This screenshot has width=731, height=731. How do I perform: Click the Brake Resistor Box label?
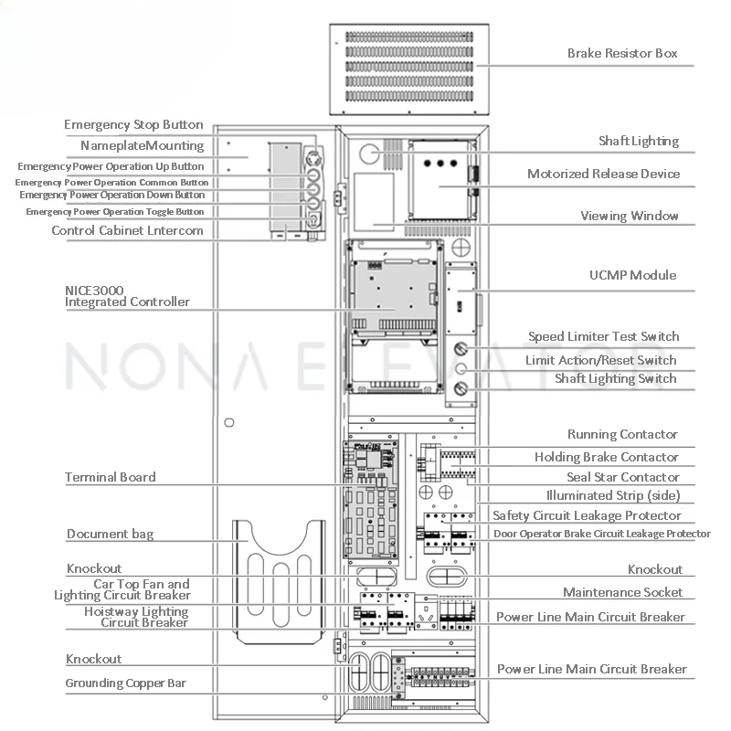[x=622, y=53]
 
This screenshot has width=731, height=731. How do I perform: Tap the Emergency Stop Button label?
[x=133, y=124]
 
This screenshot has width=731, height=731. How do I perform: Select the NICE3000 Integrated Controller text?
[x=127, y=296]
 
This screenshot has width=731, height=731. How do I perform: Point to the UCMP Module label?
[x=632, y=275]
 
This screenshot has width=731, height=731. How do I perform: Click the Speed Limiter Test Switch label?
[x=603, y=336]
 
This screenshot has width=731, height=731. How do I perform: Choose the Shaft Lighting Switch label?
[x=616, y=378]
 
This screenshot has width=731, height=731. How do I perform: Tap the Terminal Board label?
[x=110, y=477]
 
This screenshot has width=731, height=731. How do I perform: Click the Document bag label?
[x=110, y=534]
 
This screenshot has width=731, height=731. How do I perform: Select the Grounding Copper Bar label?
[x=125, y=683]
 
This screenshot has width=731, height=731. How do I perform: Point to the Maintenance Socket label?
[x=622, y=592]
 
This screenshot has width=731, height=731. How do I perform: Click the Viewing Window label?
[x=630, y=216]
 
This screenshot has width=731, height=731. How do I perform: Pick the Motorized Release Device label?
[x=603, y=174]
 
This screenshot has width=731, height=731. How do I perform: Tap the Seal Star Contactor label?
[x=623, y=477]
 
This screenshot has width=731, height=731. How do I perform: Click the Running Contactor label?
[x=622, y=434]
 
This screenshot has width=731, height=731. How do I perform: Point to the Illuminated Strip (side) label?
[x=613, y=495]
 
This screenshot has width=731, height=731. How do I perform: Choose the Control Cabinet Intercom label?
[x=127, y=230]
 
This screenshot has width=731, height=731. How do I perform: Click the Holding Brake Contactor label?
[x=607, y=457]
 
